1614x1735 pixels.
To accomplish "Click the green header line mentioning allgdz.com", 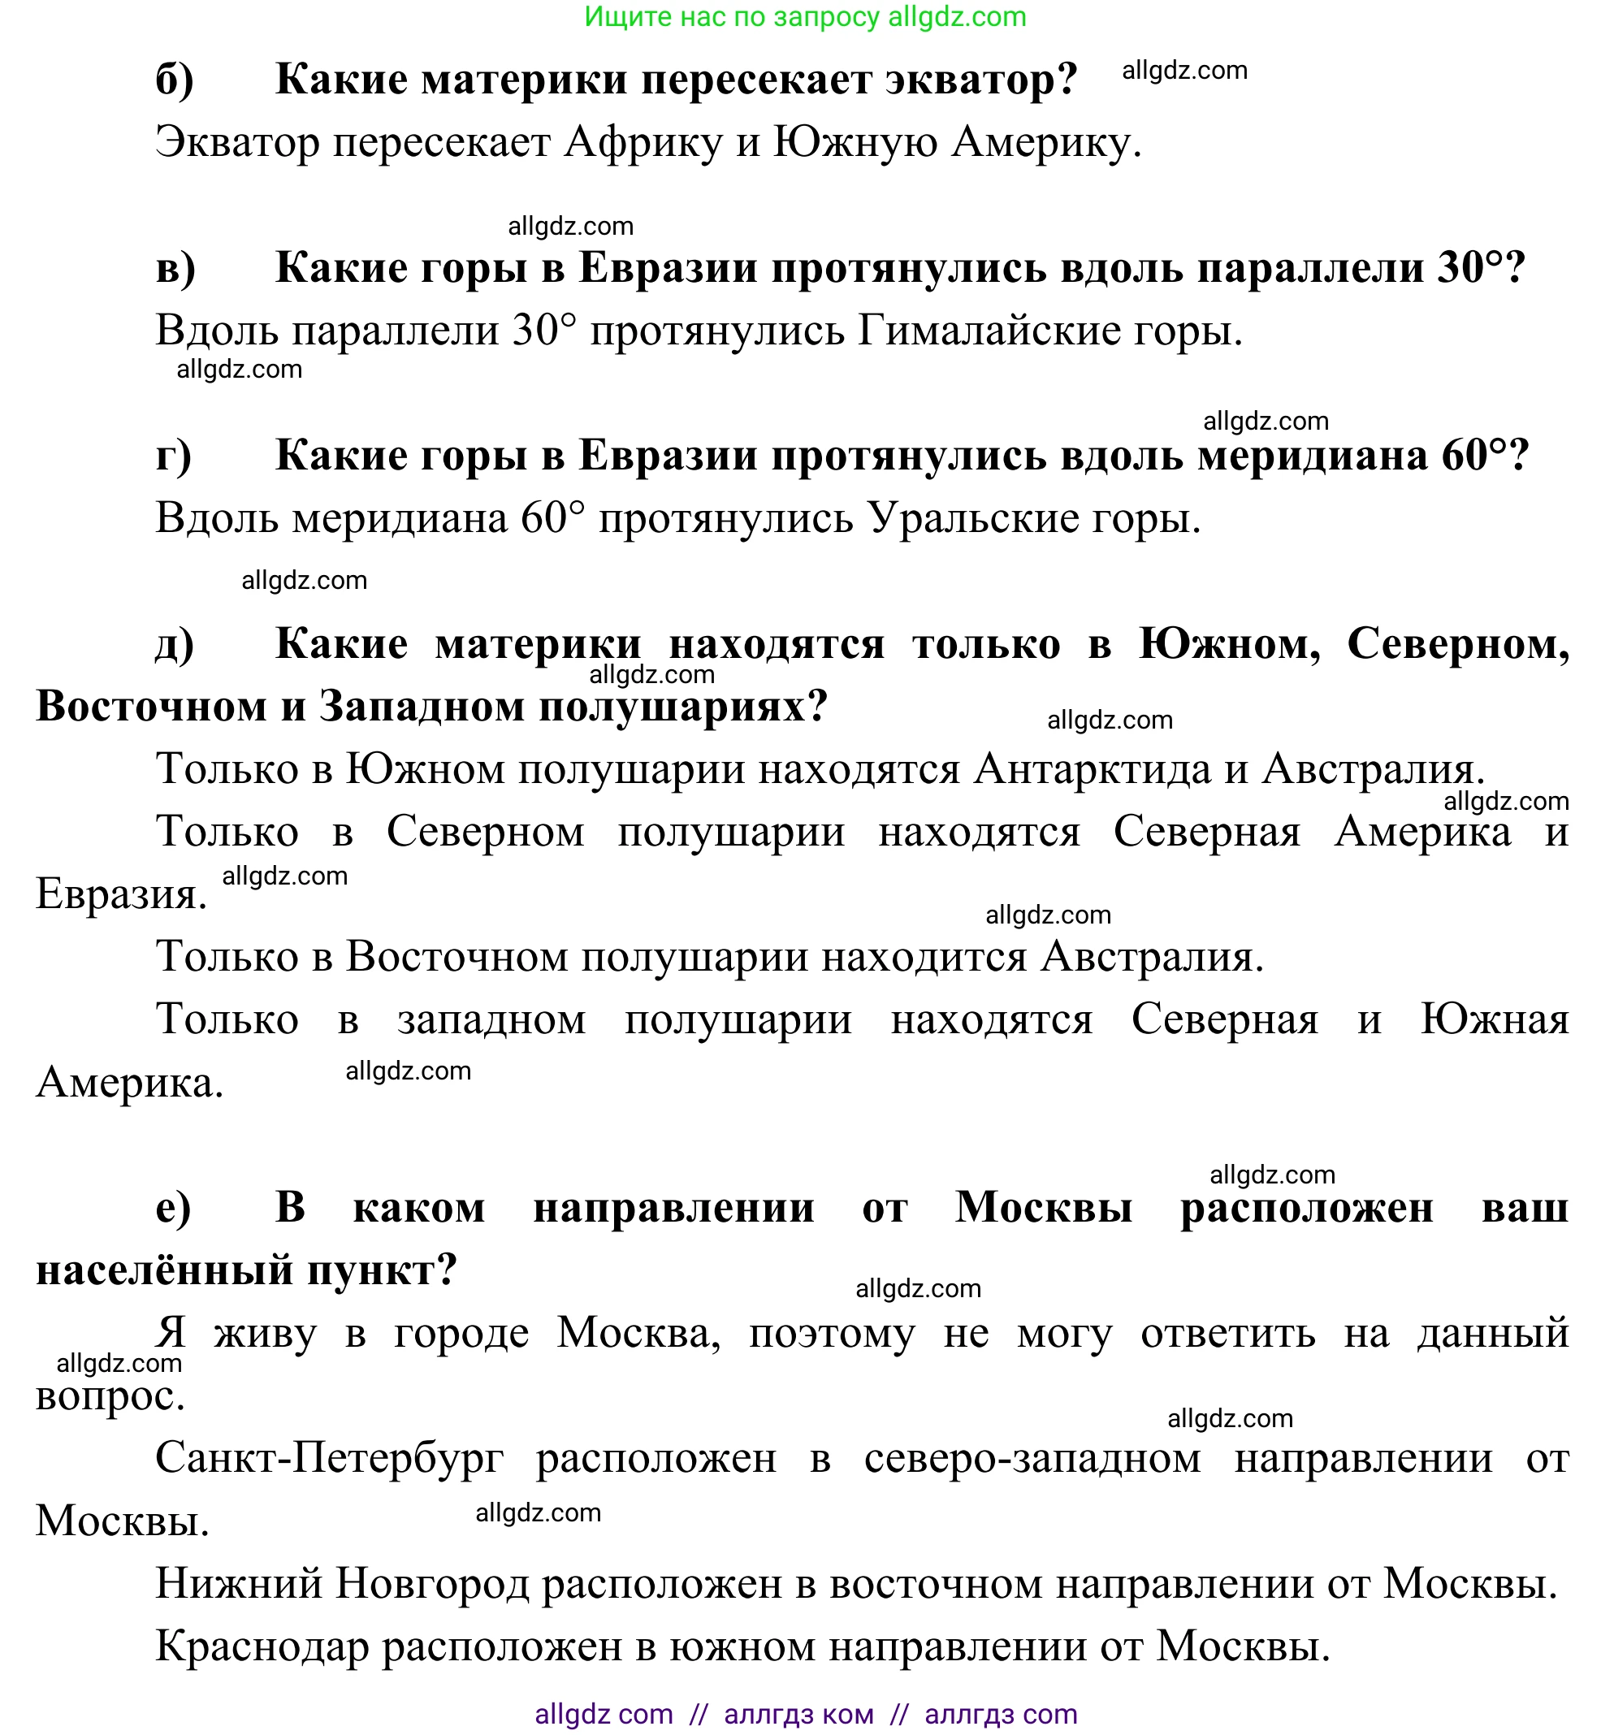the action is (x=805, y=17).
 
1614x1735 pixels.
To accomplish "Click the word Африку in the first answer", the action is (x=643, y=142).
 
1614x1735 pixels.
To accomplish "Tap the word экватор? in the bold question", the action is (x=981, y=80).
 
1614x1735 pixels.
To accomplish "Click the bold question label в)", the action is (x=175, y=268).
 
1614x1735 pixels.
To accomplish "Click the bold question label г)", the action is (x=174, y=456).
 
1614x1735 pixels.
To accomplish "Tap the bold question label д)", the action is (x=175, y=644).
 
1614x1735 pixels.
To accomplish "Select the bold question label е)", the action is (x=173, y=1208).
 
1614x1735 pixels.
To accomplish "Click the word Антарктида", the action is (x=1092, y=769).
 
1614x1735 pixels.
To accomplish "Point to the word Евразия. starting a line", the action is (x=121, y=893).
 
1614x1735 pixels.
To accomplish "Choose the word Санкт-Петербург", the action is (x=329, y=1457).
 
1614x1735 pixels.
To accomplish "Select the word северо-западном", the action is (x=1032, y=1457).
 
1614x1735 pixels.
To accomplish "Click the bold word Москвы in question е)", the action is (x=1043, y=1208).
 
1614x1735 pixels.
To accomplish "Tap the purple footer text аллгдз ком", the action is (x=798, y=1714).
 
